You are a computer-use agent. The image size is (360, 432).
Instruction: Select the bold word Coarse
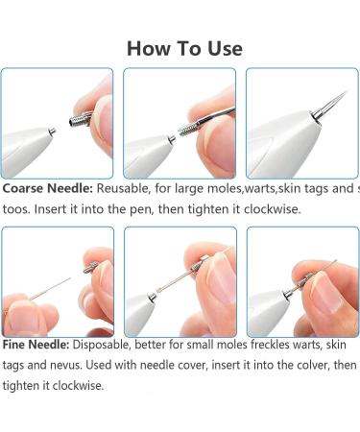pyautogui.click(x=25, y=188)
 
